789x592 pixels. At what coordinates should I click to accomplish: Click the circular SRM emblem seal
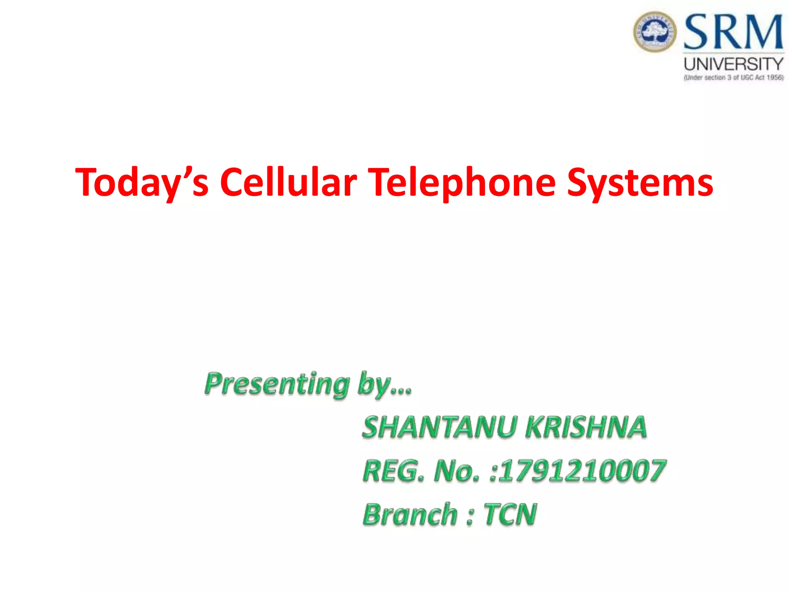point(655,32)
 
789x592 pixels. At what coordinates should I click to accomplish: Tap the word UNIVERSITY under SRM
point(734,64)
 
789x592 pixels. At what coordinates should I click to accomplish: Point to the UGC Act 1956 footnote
point(734,77)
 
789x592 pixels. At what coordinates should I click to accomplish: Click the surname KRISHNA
point(586,427)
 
